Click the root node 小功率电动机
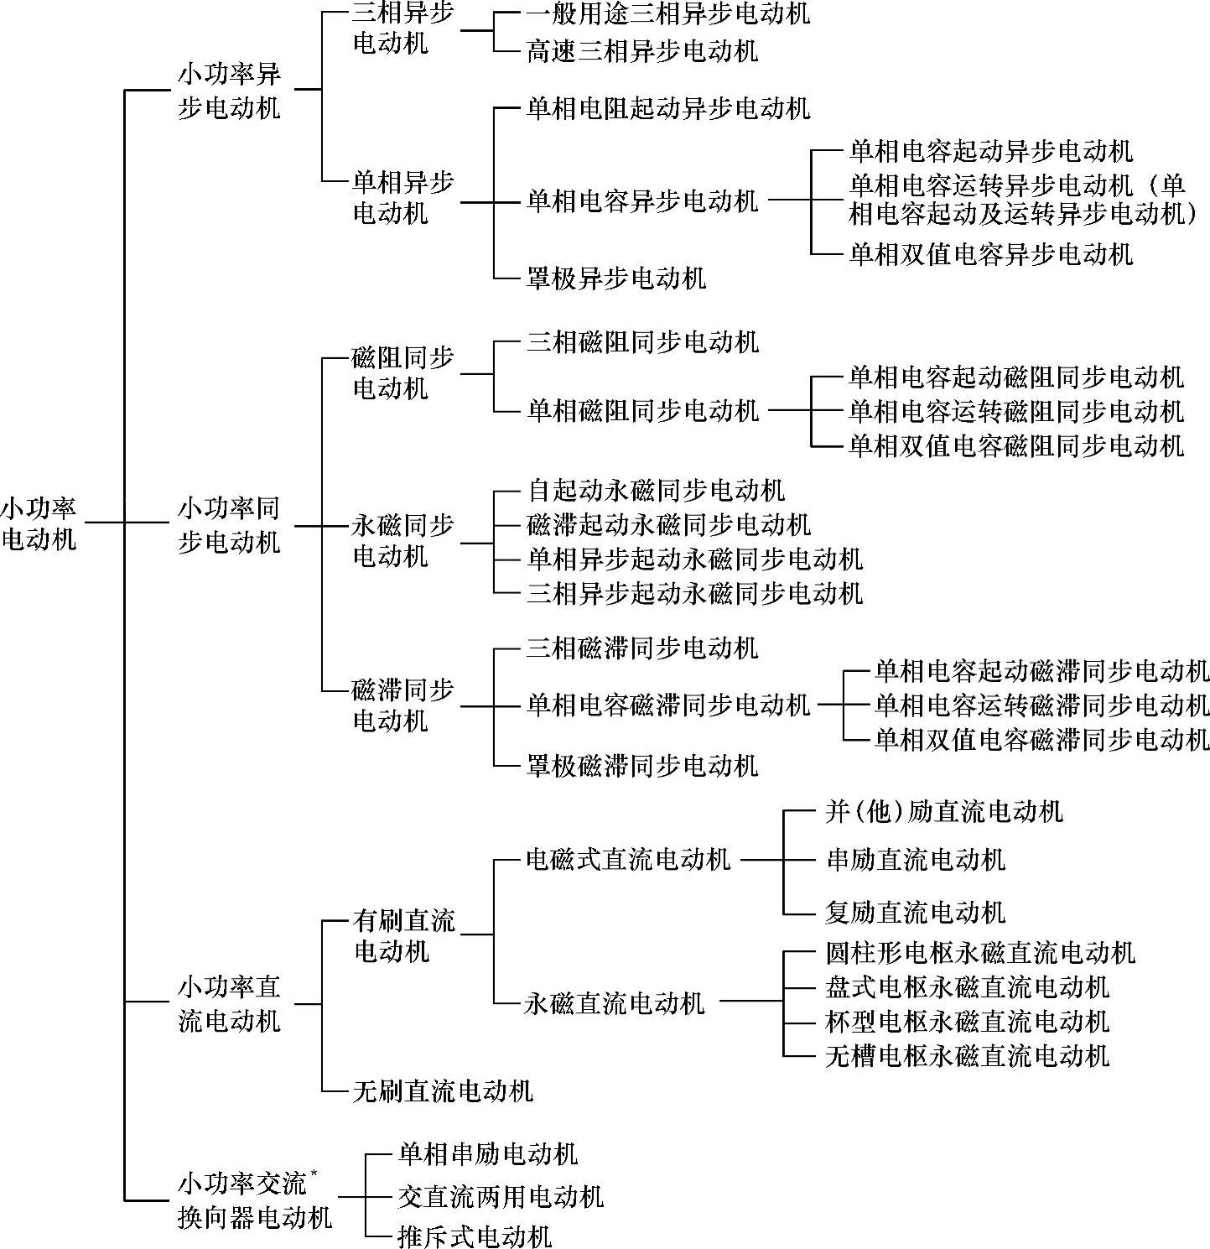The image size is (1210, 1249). pyautogui.click(x=39, y=523)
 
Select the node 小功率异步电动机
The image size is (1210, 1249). pyautogui.click(x=229, y=91)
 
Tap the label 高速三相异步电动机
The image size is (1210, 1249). pyautogui.click(x=642, y=50)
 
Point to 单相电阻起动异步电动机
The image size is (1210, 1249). pyautogui.click(x=668, y=108)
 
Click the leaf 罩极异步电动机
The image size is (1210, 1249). pyautogui.click(x=616, y=278)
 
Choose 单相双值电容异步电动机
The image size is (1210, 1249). pyautogui.click(x=990, y=253)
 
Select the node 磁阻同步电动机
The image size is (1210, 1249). pyautogui.click(x=403, y=372)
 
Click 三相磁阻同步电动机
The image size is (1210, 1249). pyautogui.click(x=642, y=341)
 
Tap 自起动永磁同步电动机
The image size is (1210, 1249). pyautogui.click(x=656, y=490)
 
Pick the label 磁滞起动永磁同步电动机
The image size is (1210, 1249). pyautogui.click(x=668, y=524)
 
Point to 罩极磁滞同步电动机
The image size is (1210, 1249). pyautogui.click(x=642, y=765)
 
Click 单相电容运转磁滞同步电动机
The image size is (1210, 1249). pyautogui.click(x=1042, y=705)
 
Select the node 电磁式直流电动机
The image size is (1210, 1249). pyautogui.click(x=628, y=859)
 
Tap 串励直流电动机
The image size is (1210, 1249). pyautogui.click(x=915, y=859)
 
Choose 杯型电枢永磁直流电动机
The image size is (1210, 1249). pyautogui.click(x=967, y=1021)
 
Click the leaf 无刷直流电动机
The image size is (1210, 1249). pyautogui.click(x=443, y=1090)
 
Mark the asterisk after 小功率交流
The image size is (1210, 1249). pyautogui.click(x=314, y=1173)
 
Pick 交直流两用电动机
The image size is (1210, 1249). pyautogui.click(x=501, y=1196)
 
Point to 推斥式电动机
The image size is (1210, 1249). pyautogui.click(x=475, y=1236)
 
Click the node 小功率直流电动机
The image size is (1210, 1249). pyautogui.click(x=229, y=1003)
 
